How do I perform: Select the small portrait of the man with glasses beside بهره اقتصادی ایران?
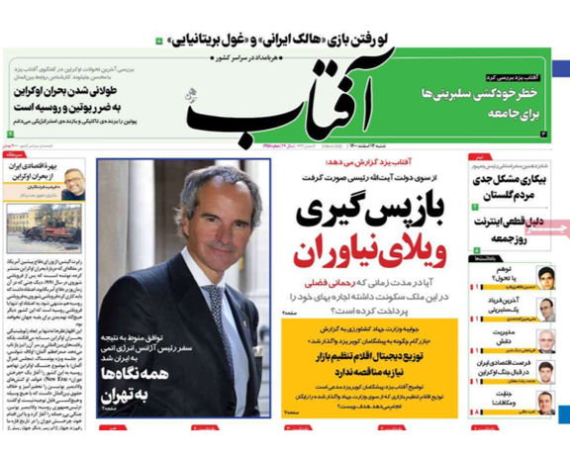(75, 182)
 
